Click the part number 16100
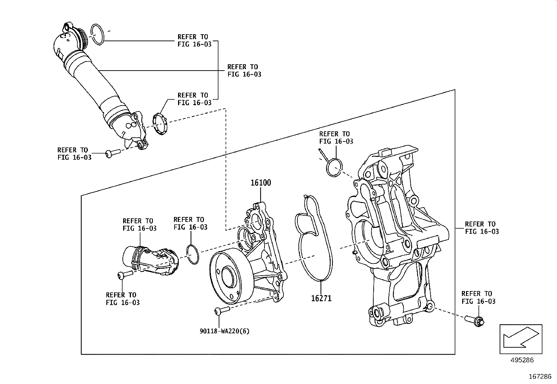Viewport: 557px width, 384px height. tap(260, 183)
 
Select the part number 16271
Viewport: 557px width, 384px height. tap(321, 298)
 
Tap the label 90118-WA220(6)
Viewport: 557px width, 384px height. tap(225, 331)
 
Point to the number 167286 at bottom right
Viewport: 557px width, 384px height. tap(540, 377)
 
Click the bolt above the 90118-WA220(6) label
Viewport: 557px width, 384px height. tap(221, 310)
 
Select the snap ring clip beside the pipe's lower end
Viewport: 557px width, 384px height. tap(161, 125)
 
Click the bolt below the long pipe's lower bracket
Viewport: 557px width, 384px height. tap(112, 153)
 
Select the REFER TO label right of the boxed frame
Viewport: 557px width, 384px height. tap(481, 228)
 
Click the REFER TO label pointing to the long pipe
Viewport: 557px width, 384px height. tap(244, 71)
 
